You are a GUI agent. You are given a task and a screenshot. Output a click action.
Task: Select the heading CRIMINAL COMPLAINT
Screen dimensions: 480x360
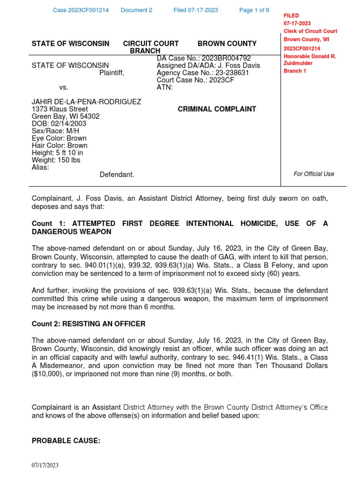click(x=217, y=109)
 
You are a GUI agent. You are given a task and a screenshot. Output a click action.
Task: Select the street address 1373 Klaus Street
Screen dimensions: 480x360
click(x=60, y=109)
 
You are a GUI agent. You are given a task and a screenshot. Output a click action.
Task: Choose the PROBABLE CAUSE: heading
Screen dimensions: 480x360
click(x=66, y=441)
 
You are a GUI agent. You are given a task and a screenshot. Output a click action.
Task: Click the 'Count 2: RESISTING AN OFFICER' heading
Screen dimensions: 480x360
click(x=88, y=323)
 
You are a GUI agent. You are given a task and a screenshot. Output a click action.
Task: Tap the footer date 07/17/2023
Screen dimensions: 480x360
click(x=45, y=465)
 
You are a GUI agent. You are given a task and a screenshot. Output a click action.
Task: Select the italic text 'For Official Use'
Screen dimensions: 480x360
click(x=314, y=174)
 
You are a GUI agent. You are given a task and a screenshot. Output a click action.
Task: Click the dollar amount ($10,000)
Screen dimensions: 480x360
click(x=52, y=374)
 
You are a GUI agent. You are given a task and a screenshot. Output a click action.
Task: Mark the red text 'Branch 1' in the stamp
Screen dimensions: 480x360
click(x=295, y=71)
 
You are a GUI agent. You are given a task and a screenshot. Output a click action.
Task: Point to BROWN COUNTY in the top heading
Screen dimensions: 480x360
click(x=227, y=44)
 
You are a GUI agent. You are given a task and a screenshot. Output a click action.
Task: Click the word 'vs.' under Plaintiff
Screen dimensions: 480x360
click(x=64, y=87)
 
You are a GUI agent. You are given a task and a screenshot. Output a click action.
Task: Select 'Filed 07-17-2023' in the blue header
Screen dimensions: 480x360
click(x=195, y=10)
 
